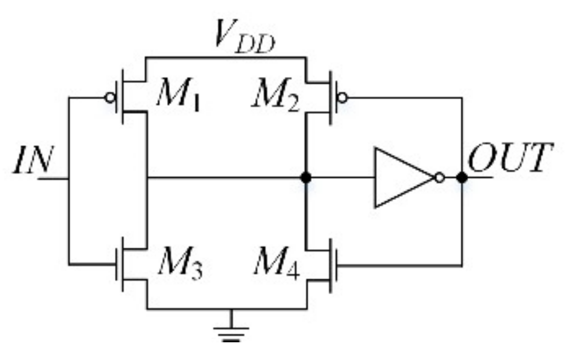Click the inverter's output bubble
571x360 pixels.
click(439, 178)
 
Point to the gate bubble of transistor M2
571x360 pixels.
click(343, 97)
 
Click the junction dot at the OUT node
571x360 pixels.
click(462, 178)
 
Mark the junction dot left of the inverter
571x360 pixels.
click(306, 178)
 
